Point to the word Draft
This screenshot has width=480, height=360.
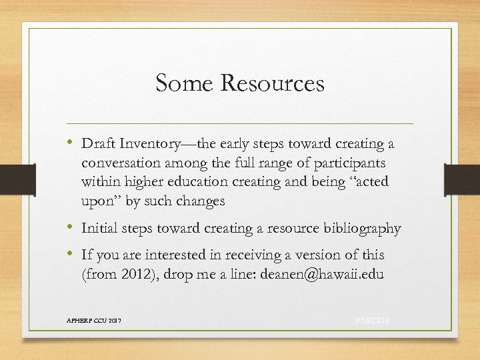[x=97, y=144]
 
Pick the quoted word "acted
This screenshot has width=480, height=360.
[x=368, y=182]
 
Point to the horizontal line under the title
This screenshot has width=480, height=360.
[x=240, y=123]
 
